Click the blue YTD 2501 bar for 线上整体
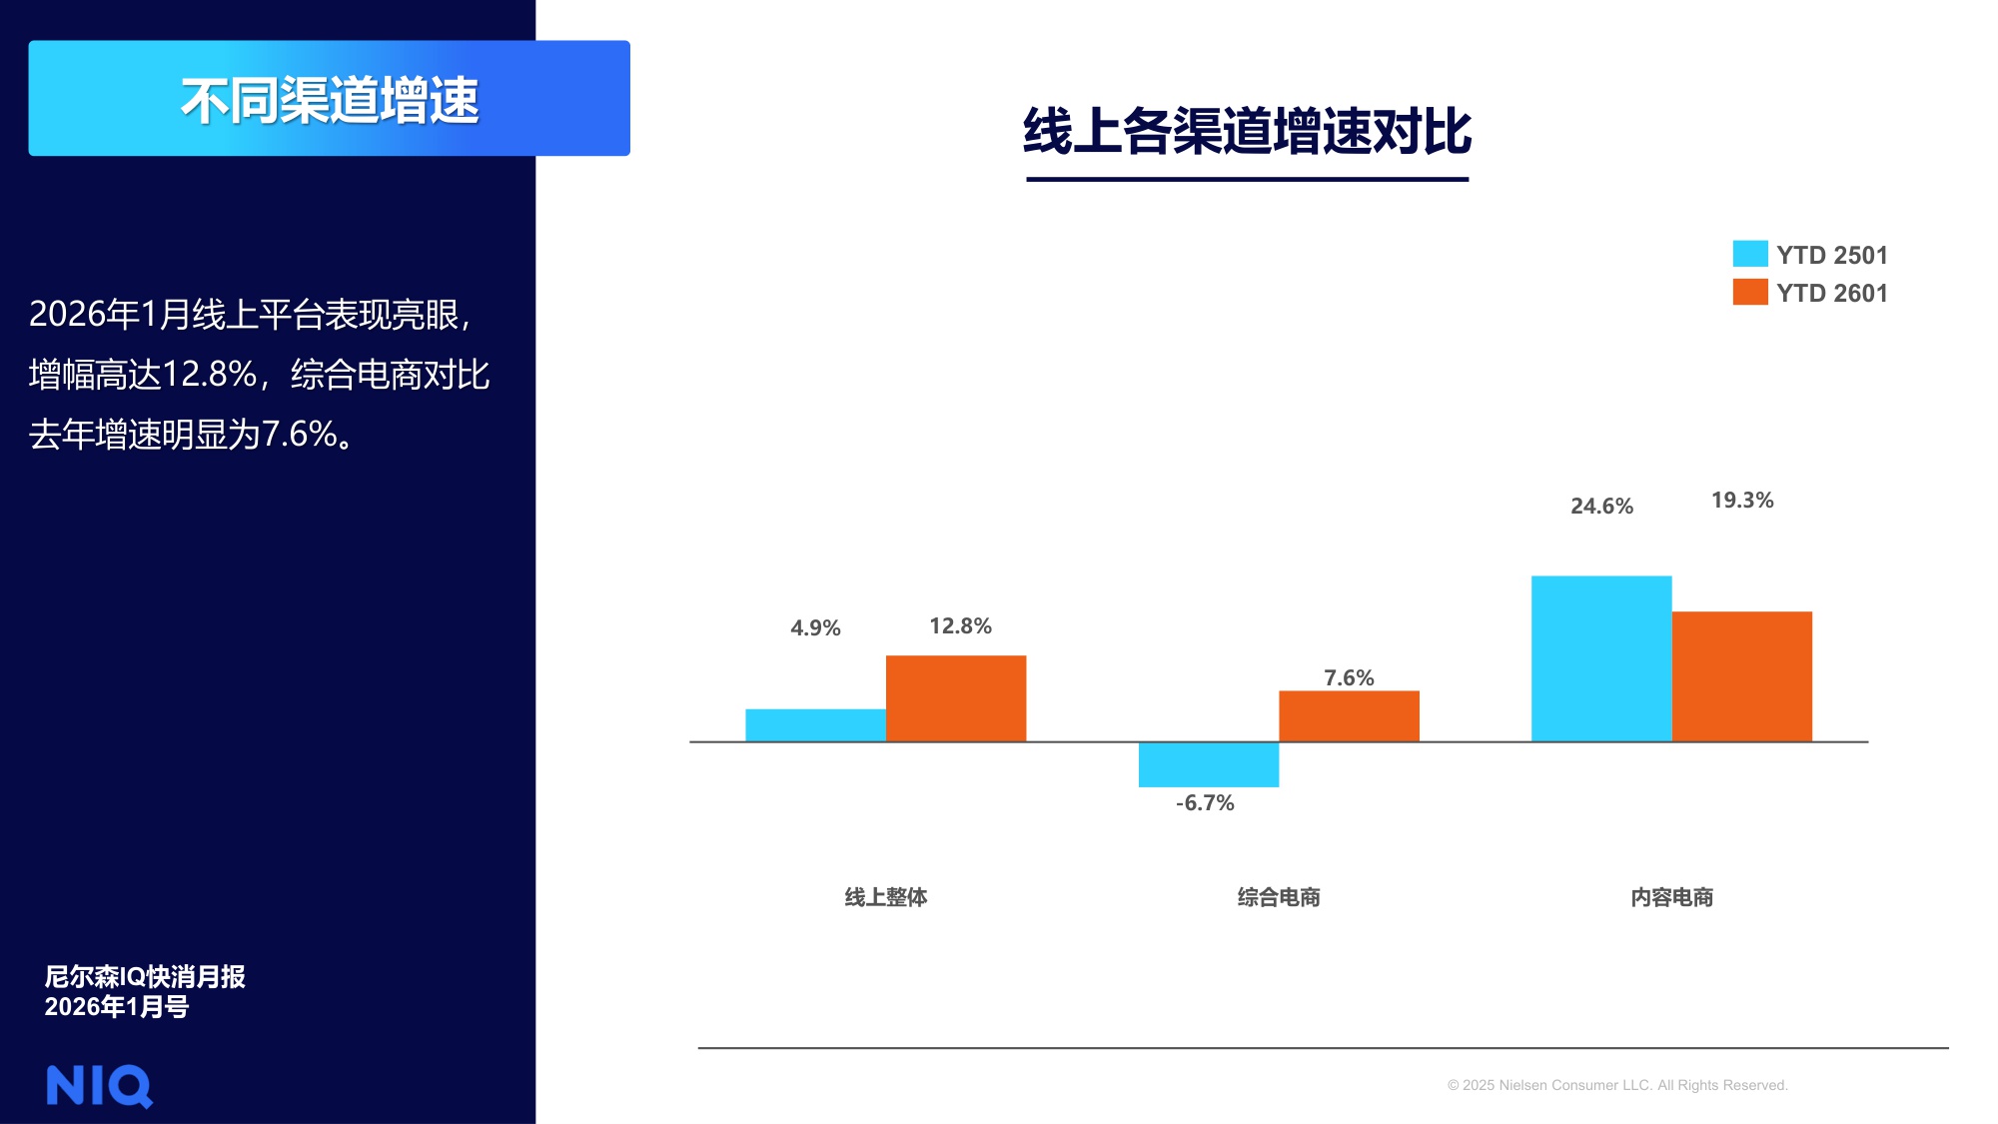(x=815, y=725)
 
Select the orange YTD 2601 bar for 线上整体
(x=956, y=698)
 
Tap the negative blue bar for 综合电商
(x=1209, y=764)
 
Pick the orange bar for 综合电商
(x=1349, y=716)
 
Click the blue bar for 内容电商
(x=1601, y=658)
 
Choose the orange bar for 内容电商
(x=1741, y=676)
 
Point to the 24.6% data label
(x=1601, y=507)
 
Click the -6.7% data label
(x=1205, y=803)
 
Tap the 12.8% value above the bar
(x=960, y=626)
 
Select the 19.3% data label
(x=1742, y=501)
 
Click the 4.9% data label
(x=815, y=628)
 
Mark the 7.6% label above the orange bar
(x=1349, y=678)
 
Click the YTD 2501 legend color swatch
(x=1749, y=254)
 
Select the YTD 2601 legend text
(x=1831, y=294)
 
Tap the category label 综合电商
(x=1279, y=897)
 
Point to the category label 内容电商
(x=1671, y=897)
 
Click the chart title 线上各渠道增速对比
(x=1247, y=132)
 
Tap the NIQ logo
(x=99, y=1086)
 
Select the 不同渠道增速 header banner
(x=329, y=99)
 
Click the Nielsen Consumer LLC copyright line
(x=1617, y=1085)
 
